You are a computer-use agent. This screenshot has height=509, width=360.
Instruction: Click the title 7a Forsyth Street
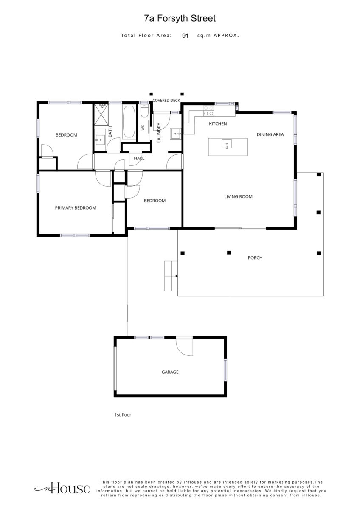(180, 18)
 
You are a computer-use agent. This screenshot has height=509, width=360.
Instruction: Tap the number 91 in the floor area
(185, 36)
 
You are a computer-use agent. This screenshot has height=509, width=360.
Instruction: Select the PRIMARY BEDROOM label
(76, 208)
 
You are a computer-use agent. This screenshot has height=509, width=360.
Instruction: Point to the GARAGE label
(170, 372)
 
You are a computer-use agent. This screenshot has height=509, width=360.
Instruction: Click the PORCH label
(255, 258)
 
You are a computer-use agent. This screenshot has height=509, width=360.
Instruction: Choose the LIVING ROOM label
(238, 196)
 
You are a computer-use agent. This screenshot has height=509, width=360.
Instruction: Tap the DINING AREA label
(270, 134)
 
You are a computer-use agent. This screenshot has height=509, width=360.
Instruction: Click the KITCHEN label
(218, 123)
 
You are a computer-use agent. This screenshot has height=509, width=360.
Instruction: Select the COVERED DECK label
(166, 101)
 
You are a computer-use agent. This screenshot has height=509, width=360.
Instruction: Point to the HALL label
(139, 158)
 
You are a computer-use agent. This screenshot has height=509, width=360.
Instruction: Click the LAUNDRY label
(159, 133)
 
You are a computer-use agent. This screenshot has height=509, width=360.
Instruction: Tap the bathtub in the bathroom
(129, 122)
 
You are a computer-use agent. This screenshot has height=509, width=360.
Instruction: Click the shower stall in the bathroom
(101, 115)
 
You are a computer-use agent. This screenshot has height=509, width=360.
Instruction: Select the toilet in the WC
(144, 111)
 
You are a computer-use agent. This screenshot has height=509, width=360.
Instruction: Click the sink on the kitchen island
(227, 144)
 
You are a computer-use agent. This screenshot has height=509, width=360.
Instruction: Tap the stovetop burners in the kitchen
(208, 110)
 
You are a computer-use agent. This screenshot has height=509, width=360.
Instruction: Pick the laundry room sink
(175, 134)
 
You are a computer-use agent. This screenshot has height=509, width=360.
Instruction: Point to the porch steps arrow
(177, 276)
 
